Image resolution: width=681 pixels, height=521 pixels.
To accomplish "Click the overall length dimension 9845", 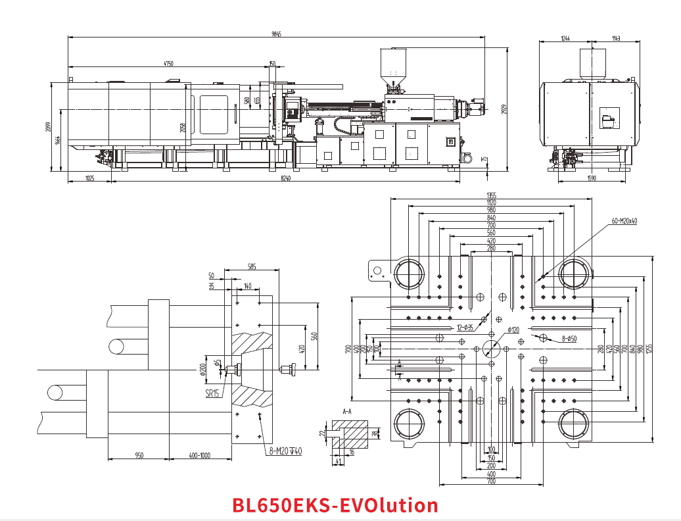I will (x=276, y=34).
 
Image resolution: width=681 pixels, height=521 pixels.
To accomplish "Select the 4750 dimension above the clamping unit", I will (x=168, y=64).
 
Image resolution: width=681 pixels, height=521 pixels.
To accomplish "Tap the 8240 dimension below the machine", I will (x=285, y=178).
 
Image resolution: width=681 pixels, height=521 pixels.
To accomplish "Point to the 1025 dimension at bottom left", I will (x=90, y=178).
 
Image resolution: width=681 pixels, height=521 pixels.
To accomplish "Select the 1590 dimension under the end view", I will (x=591, y=178).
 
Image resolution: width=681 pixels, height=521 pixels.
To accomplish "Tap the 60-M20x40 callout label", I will (x=624, y=222).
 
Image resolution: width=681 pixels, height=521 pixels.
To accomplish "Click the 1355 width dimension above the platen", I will (x=491, y=195).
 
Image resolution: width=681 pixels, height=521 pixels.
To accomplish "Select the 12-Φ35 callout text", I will (x=465, y=327).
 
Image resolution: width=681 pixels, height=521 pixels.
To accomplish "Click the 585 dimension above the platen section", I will (x=252, y=266).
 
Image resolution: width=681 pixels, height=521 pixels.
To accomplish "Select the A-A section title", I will (x=347, y=410).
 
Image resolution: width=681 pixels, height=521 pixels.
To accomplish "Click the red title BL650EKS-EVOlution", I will (x=335, y=505).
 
